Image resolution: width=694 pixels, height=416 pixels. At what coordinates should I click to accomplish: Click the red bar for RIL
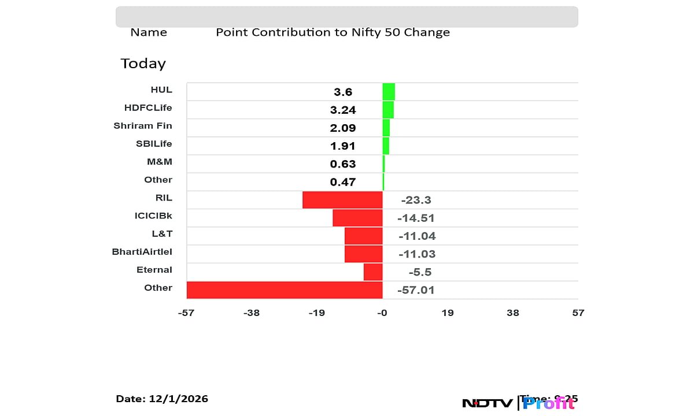[x=342, y=200]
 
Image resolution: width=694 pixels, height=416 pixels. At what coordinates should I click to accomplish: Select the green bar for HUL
[x=389, y=92]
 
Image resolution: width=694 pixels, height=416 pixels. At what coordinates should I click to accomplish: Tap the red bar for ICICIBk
[x=357, y=218]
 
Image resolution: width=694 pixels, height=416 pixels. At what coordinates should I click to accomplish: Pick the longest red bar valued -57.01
[x=285, y=290]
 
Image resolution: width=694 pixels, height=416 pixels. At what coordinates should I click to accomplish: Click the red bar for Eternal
[x=373, y=272]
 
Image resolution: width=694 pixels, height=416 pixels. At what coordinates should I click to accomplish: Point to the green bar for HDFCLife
[x=388, y=110]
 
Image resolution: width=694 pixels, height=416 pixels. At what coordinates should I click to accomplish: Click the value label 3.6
[x=343, y=92]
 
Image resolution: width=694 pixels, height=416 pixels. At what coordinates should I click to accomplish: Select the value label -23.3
[x=416, y=200]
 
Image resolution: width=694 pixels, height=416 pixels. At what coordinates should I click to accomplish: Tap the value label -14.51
[x=416, y=218]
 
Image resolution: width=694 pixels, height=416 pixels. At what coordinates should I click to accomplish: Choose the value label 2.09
[x=343, y=128]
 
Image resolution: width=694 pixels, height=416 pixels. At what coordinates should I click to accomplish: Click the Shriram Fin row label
[x=143, y=125]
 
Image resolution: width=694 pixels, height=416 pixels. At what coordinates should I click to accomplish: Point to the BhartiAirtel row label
[x=142, y=251]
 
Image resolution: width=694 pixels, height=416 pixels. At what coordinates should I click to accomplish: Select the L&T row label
[x=162, y=233]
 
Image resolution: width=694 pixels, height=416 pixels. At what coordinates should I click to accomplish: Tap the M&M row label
[x=160, y=162]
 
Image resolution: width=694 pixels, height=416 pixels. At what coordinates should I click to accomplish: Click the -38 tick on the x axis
[x=252, y=313]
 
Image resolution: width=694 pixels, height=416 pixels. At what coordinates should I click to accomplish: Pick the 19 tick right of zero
[x=448, y=313]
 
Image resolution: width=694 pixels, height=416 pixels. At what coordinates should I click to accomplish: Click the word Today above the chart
[x=143, y=64]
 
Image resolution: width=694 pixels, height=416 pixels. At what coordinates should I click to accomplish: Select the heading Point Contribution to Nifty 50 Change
[x=333, y=32]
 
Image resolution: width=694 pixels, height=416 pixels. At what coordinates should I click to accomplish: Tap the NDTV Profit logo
[x=518, y=403]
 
